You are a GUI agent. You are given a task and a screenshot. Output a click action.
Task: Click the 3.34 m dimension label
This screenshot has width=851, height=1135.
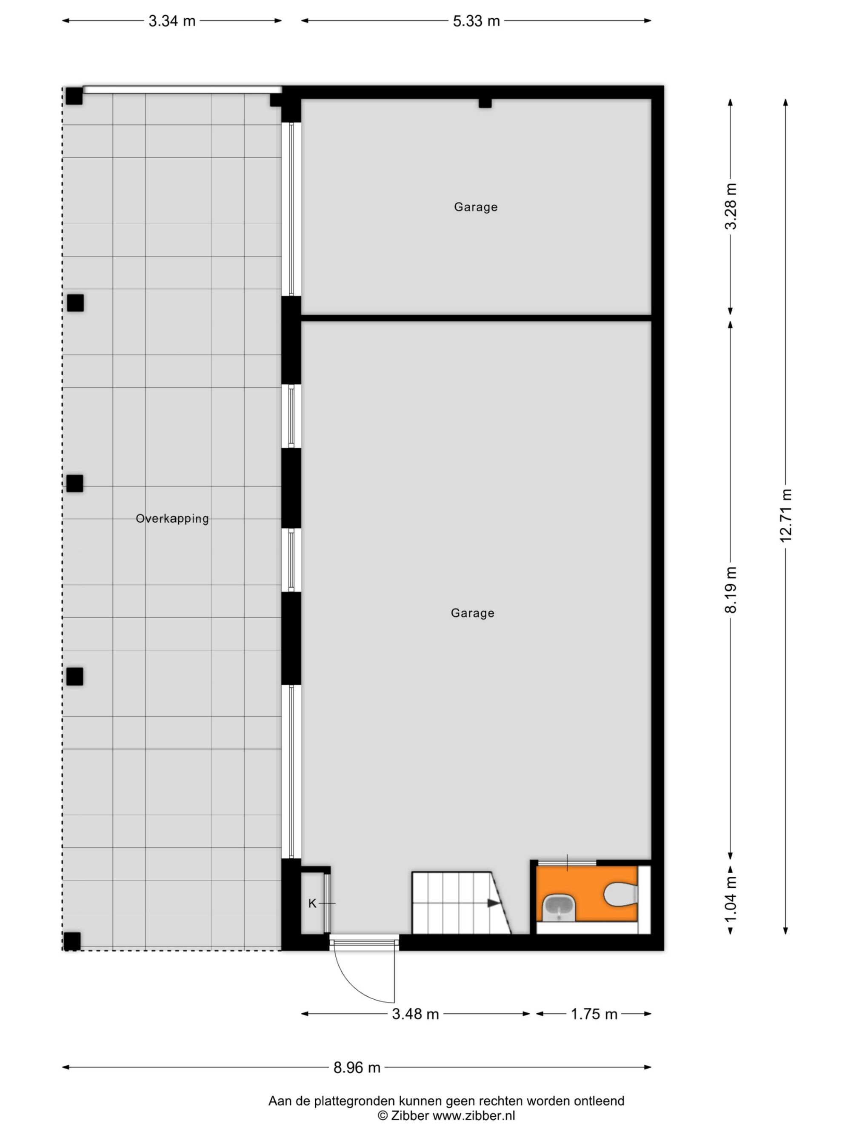tap(172, 21)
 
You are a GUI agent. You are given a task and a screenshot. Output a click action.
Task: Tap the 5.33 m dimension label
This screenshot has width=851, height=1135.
tap(476, 21)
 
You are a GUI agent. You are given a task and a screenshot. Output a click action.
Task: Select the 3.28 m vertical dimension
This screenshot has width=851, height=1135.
tap(731, 206)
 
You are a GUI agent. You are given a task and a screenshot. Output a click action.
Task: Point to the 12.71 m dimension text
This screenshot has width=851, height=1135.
tap(785, 516)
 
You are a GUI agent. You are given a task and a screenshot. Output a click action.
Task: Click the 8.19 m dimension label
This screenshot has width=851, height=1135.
tap(731, 590)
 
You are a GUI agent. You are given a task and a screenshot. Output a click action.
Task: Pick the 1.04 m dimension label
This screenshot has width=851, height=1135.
tap(731, 906)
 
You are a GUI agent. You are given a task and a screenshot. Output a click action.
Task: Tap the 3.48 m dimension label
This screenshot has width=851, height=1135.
tap(415, 1014)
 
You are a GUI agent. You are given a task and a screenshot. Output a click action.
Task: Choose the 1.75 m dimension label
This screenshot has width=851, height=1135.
tap(594, 1014)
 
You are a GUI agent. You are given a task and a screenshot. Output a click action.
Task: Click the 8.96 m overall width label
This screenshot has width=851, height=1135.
tap(357, 1068)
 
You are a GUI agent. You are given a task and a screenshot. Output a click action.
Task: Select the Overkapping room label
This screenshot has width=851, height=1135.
tap(172, 519)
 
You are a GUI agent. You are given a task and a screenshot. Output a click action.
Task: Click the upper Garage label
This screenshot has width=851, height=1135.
tap(476, 207)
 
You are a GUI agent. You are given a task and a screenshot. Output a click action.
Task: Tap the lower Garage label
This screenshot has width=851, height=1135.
tap(472, 613)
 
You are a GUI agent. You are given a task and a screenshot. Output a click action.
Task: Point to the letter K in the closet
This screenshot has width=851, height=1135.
tap(312, 903)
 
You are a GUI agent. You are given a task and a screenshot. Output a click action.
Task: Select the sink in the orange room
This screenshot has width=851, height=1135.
tap(559, 908)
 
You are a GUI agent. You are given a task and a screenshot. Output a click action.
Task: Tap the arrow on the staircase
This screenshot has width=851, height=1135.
tap(494, 903)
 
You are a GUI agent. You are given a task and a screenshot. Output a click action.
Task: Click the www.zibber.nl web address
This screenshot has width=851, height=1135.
tap(474, 1115)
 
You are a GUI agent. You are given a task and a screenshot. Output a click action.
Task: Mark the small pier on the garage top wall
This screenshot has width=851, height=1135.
tap(485, 103)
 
